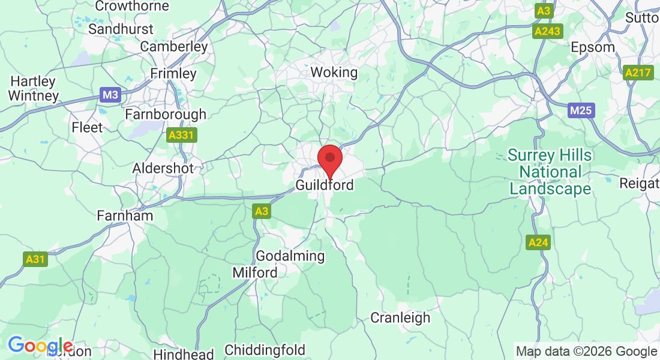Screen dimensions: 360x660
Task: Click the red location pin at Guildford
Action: tap(329, 159)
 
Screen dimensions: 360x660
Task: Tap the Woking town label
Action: tap(334, 73)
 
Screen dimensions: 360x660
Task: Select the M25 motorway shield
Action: tap(580, 110)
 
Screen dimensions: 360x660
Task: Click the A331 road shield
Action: tap(181, 136)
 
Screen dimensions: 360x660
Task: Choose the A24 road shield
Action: tap(538, 242)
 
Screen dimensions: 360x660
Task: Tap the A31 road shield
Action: tap(35, 259)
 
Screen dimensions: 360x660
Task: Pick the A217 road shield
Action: tap(637, 73)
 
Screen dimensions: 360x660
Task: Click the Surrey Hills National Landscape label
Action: tap(550, 172)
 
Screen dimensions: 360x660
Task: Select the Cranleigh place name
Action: tap(400, 317)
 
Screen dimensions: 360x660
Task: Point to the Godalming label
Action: tap(290, 256)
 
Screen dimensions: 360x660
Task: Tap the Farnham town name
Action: tap(125, 215)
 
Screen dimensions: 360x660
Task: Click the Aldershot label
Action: tap(163, 169)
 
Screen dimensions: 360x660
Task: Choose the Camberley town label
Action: tap(174, 46)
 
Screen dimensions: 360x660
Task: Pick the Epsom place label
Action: tap(593, 47)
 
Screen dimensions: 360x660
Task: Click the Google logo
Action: tap(40, 346)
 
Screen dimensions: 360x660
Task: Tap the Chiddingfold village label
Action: tap(265, 350)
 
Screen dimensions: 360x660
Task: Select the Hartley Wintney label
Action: tap(34, 88)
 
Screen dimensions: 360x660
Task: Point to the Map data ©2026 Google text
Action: tap(586, 352)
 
